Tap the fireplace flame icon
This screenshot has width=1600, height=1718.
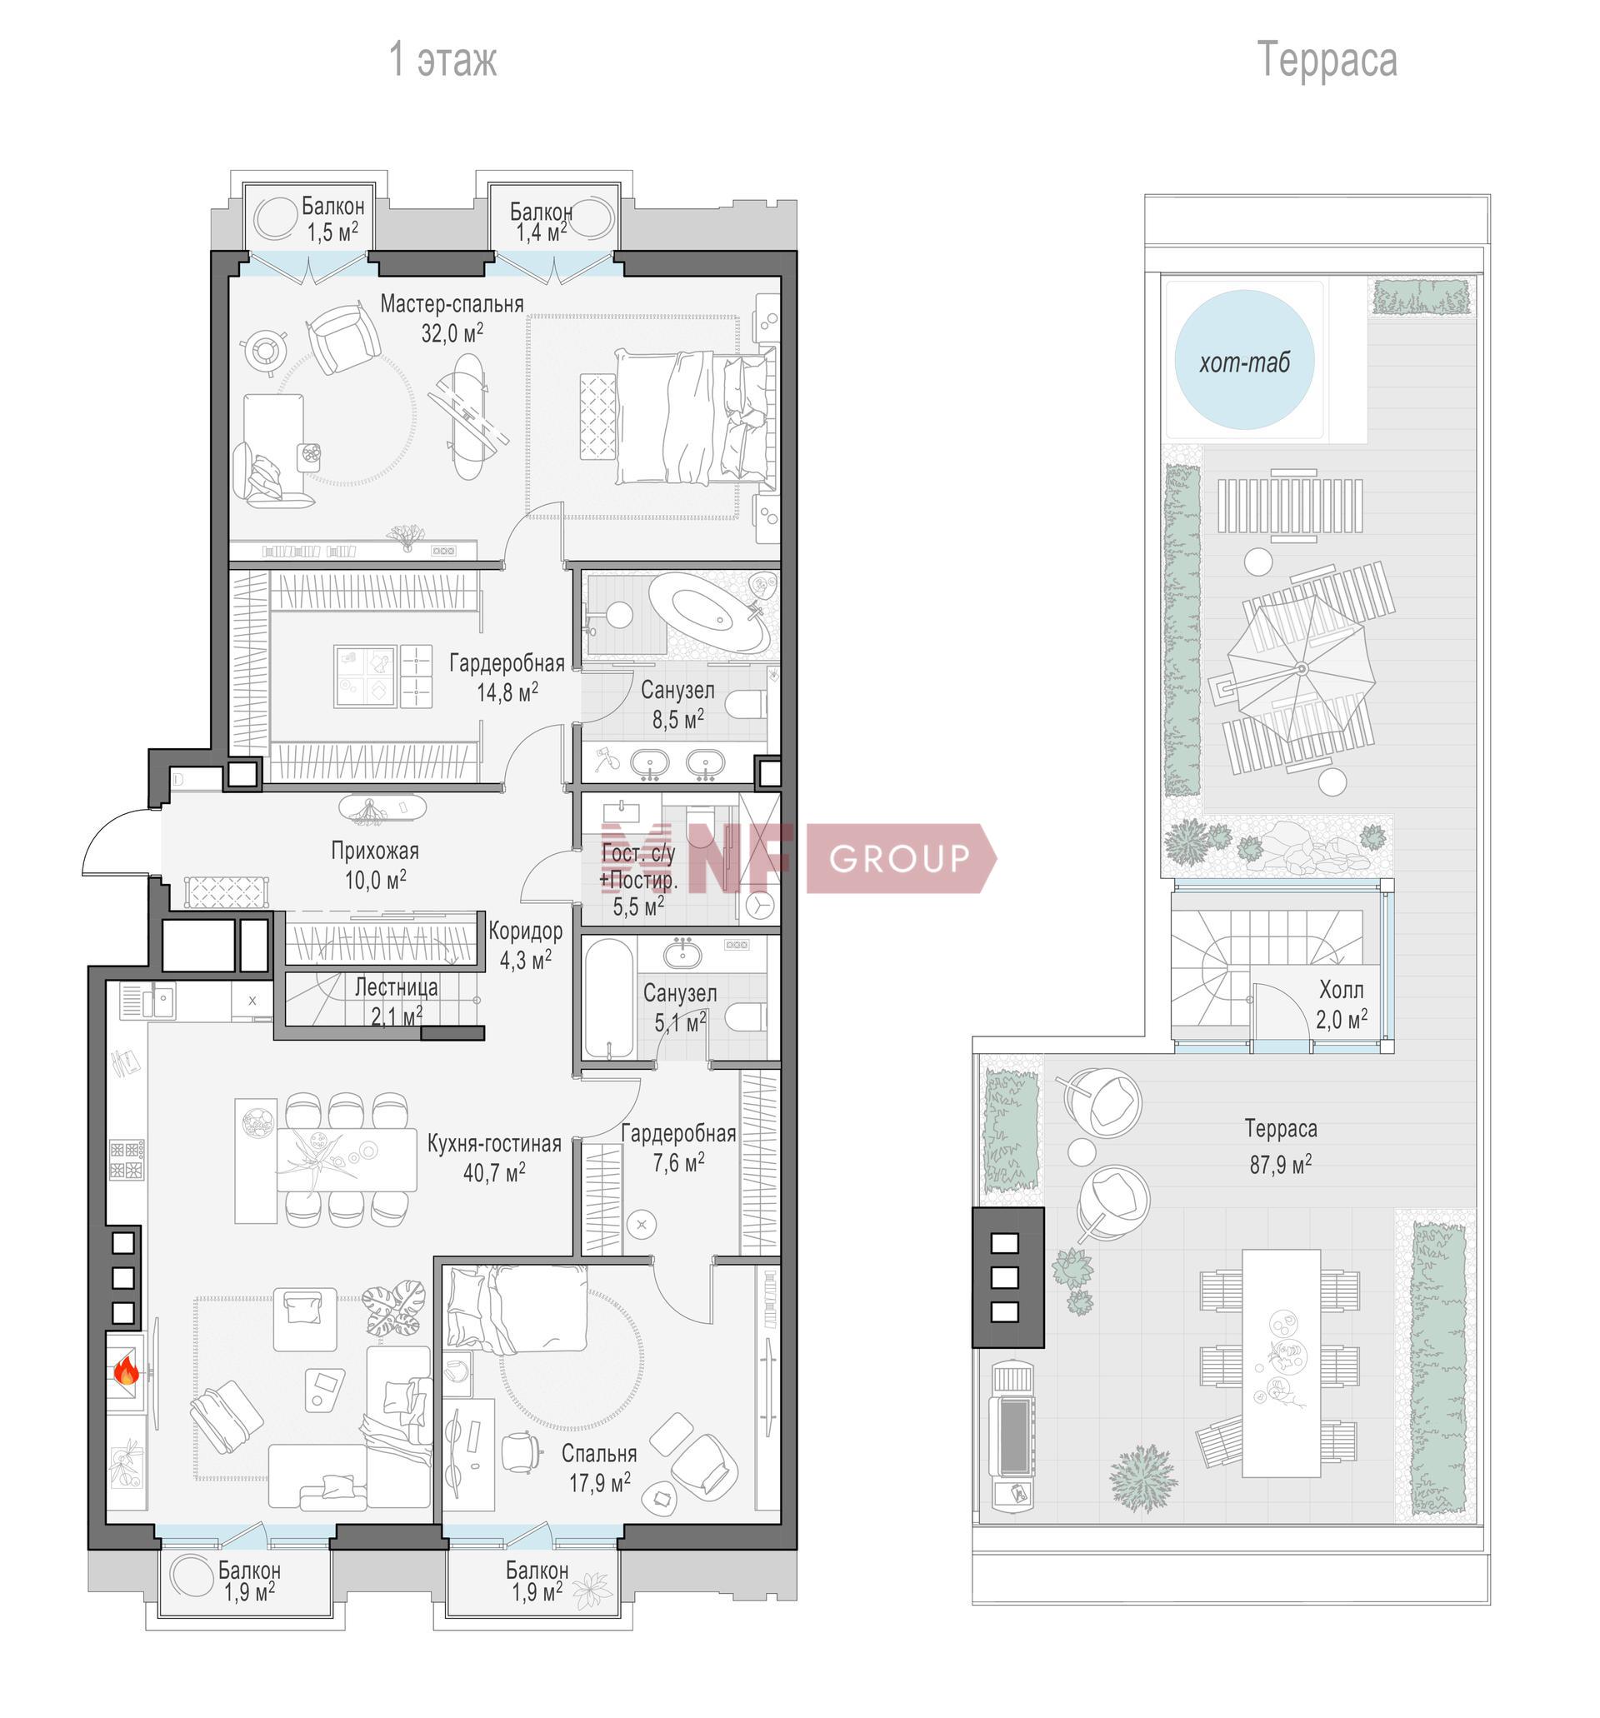(126, 1370)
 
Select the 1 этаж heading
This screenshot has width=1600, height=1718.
(442, 60)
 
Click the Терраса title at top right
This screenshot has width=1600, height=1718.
(1326, 60)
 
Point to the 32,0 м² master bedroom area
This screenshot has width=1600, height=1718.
(452, 332)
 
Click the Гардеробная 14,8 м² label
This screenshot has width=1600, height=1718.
(507, 677)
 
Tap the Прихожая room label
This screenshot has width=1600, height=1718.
(375, 851)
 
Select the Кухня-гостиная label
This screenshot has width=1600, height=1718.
(494, 1143)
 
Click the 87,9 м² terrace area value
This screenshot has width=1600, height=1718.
(1280, 1164)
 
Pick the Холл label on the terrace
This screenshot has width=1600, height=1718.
(1341, 990)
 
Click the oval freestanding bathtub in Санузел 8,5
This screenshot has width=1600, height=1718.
(709, 612)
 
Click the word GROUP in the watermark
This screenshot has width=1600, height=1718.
(899, 858)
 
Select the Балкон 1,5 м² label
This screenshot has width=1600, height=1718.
(332, 219)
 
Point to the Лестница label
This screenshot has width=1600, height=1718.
(396, 987)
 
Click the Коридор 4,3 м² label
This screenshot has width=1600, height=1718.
(526, 945)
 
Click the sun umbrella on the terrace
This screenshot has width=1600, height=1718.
(1302, 668)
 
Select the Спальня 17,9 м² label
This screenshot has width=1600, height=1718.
(599, 1467)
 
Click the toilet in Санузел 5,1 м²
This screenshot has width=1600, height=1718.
(745, 1017)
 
